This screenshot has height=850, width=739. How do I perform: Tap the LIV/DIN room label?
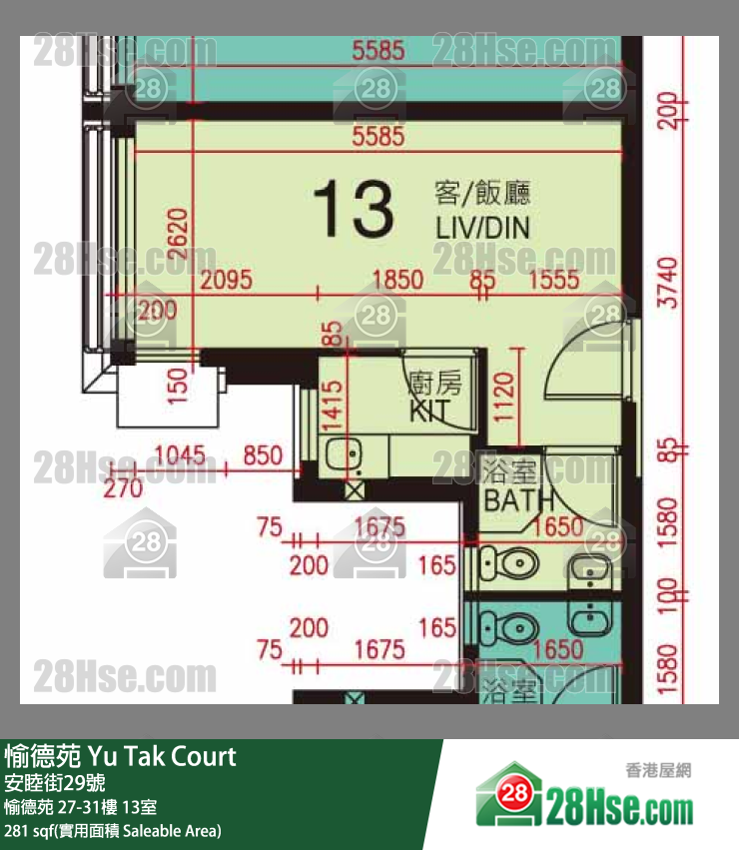coord(482,228)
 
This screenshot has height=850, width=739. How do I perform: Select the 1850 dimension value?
coord(397,281)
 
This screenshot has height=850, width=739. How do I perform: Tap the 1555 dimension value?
coord(554,281)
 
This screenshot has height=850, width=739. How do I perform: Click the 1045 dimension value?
coord(180,457)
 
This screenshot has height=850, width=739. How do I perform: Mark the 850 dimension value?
coord(263,457)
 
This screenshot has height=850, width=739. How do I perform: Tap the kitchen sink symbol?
coord(345,453)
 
